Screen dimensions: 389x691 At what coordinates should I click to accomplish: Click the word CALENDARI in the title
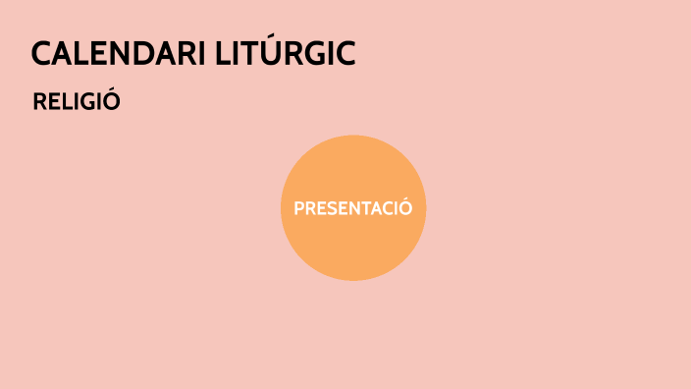118,54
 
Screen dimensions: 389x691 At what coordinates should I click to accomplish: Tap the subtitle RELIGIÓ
77,101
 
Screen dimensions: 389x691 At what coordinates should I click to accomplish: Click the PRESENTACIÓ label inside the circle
353,208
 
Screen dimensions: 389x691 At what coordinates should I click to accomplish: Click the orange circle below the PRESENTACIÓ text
353,250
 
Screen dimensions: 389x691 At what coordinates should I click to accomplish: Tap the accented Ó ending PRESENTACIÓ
405,208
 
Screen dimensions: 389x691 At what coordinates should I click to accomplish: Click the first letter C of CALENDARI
42,55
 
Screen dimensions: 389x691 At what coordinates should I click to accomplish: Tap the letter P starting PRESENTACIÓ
299,208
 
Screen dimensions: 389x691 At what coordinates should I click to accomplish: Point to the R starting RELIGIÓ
40,101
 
